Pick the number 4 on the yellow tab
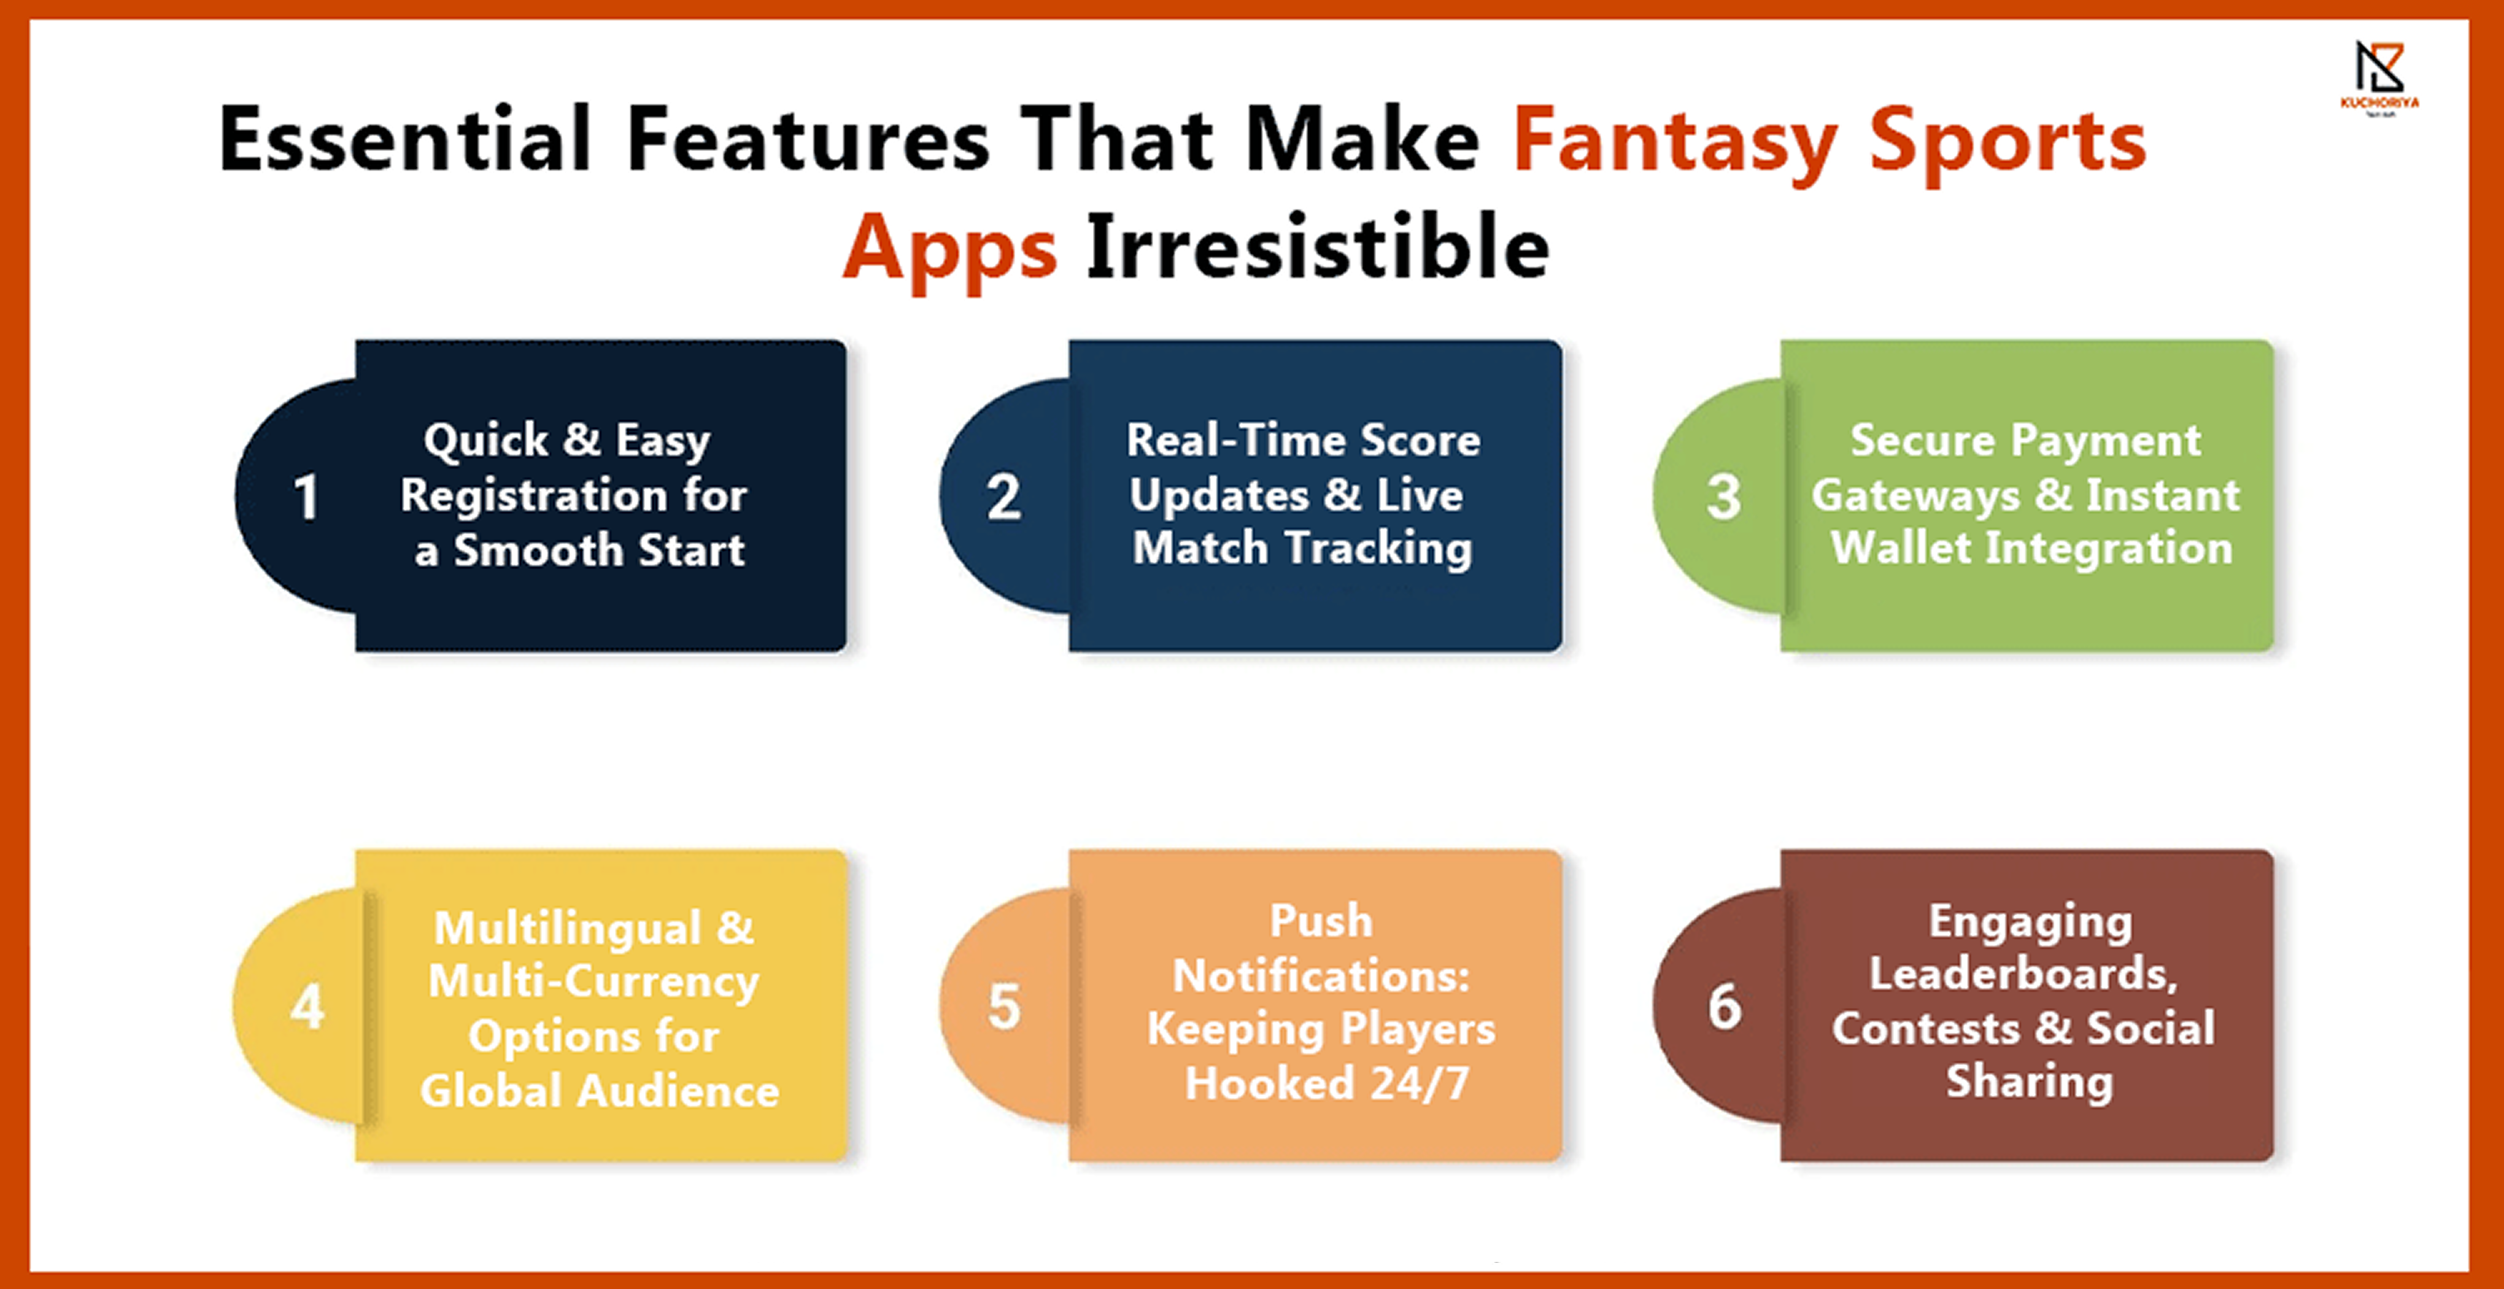[x=307, y=1006]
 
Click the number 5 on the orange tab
[x=1004, y=1006]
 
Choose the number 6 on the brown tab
[x=1725, y=1006]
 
